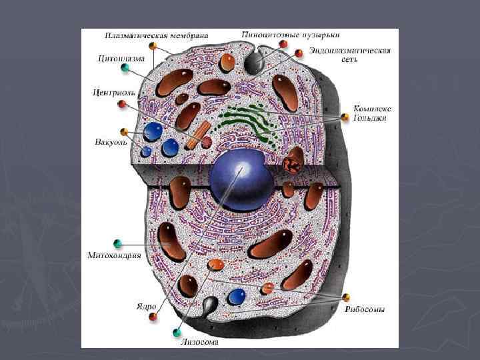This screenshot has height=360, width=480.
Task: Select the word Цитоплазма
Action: point(121,58)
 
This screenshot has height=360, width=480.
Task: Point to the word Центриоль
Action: point(115,92)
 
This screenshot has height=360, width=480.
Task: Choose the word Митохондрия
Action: point(114,255)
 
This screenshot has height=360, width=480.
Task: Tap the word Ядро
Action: point(145,306)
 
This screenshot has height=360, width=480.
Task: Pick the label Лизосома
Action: point(199,342)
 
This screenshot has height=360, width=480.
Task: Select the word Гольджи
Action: point(370,118)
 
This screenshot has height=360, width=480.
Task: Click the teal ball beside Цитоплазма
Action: point(125,68)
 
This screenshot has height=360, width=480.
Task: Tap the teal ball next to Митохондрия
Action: point(117,243)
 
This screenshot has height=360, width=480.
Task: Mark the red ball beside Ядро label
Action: point(153,316)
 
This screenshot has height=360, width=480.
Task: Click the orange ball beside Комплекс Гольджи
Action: point(345,117)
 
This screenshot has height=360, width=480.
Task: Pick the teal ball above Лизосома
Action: point(177,331)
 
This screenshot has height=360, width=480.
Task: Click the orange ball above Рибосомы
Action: point(345,297)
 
